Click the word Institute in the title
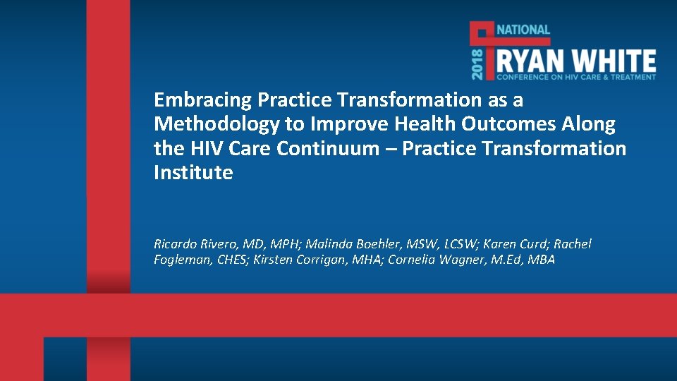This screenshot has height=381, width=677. [193, 173]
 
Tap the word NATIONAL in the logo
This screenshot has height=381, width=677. [523, 30]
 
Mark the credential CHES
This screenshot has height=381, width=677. [233, 260]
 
